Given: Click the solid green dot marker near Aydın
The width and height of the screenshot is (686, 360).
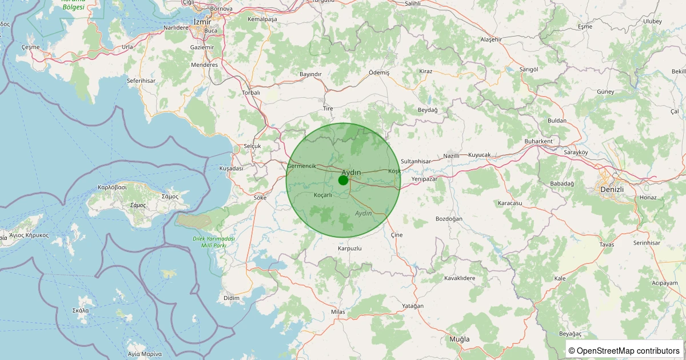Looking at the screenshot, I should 343,180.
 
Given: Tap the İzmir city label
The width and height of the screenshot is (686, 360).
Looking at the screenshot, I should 203,21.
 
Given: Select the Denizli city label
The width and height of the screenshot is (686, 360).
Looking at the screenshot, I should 611,189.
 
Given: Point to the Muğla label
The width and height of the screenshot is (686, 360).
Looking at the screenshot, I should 459,339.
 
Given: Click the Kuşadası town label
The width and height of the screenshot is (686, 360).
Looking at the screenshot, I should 232,169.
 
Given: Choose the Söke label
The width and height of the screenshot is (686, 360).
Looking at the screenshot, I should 260,198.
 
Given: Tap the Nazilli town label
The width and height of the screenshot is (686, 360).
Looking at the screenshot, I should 452,156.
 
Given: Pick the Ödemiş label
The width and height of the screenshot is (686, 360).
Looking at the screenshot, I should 378,73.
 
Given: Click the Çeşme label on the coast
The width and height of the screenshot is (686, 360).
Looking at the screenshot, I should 31,47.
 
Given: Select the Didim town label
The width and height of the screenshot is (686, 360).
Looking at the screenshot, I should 232,298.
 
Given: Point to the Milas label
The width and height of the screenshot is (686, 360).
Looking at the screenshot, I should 338,311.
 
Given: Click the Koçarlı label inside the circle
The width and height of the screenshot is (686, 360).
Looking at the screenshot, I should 323,195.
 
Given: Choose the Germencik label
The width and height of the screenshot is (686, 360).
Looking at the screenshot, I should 301,166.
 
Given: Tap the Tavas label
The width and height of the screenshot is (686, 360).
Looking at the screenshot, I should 607,245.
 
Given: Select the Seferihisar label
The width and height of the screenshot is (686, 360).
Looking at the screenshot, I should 141,81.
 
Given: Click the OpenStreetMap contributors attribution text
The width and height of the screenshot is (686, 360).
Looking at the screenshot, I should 624,350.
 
